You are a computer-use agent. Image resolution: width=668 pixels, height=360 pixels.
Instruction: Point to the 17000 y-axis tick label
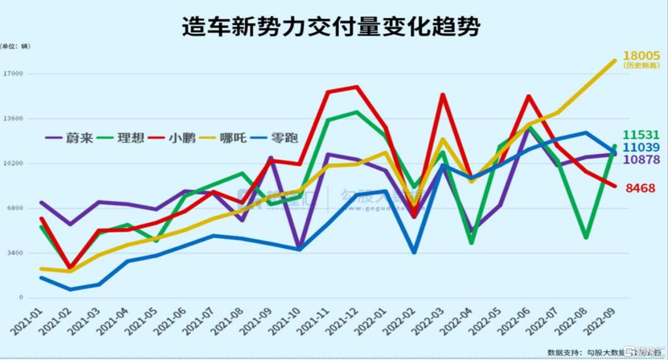[x=13, y=74]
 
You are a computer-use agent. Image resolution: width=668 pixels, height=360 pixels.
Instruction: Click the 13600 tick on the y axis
[x=13, y=118]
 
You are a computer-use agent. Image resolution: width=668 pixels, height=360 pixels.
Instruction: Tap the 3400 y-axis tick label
[x=15, y=253]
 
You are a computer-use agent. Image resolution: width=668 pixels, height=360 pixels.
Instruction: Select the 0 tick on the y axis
[x=21, y=298]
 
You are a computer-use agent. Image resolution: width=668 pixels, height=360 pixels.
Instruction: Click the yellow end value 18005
[x=642, y=56]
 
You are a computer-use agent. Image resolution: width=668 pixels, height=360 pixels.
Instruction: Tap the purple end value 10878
[x=642, y=160]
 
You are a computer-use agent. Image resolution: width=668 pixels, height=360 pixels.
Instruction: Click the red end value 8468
[x=640, y=188]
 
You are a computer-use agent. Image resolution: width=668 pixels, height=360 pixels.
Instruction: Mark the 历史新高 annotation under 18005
[x=642, y=65]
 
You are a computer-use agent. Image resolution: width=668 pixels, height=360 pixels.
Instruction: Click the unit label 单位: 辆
[x=15, y=46]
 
